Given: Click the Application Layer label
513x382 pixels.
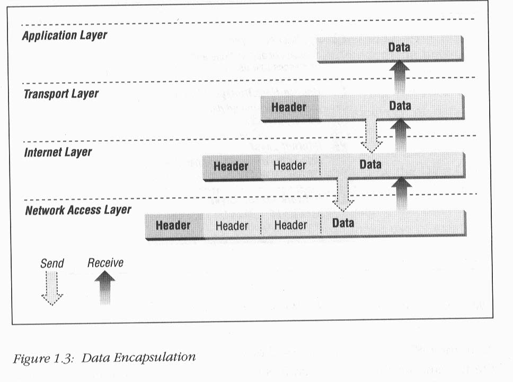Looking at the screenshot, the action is pos(65,36).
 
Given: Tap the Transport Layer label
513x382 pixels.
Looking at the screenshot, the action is pos(61,94).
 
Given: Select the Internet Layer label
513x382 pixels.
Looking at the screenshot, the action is pos(58,152).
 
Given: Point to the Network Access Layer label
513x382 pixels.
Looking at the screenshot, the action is pos(78,210).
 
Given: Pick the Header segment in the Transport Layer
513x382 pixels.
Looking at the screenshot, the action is pos(289,108).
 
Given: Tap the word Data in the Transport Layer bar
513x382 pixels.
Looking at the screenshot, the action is pos(400,106).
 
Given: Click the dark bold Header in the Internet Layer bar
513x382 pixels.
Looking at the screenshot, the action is pos(231,166).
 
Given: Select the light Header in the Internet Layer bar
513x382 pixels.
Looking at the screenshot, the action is pos(289,166).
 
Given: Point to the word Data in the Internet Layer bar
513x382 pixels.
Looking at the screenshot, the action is pos(370,164).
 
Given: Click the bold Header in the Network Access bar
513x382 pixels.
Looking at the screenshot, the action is pos(173,225).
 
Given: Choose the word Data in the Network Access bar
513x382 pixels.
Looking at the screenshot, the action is pos(343,223).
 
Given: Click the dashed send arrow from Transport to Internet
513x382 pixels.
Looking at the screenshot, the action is pos(372,136).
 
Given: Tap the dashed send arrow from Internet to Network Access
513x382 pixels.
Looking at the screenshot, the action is pos(343,194).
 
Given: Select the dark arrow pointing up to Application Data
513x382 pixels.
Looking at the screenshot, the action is pos(399,77).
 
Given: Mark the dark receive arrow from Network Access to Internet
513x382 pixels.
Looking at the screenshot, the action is pos(401,194).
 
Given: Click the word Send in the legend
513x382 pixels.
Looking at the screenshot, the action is pos(52,263).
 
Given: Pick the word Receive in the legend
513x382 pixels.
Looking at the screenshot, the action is pos(105,263).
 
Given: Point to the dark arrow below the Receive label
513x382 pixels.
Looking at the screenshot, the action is pos(105,288).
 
